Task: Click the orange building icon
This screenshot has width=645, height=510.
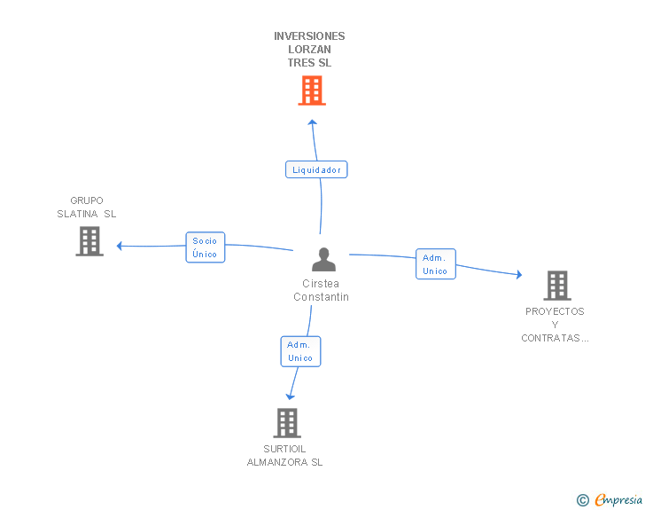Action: pos(312,90)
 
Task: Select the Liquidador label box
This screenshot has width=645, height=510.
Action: pos(316,169)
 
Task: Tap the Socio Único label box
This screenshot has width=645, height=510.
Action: pos(206,247)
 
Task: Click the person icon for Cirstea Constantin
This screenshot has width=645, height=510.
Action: pos(323,259)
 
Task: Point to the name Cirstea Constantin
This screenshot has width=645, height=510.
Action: pos(321,290)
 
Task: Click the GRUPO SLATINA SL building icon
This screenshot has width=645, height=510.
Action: pos(89,241)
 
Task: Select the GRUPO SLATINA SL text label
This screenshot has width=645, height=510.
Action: pos(87,208)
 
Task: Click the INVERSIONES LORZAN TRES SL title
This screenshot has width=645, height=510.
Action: pos(309,49)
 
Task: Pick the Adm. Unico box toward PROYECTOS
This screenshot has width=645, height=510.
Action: pos(436,264)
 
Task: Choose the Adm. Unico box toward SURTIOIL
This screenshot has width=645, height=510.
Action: pos(300,351)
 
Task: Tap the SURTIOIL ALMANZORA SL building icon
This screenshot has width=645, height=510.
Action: pos(287,423)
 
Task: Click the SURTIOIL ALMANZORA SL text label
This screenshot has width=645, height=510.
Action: pos(284,455)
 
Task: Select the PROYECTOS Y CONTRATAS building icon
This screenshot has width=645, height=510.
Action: pos(557,285)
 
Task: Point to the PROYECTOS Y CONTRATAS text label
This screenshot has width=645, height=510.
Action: pos(555,325)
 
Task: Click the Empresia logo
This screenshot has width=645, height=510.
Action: pos(618,499)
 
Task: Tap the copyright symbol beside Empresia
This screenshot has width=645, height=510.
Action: pos(582,500)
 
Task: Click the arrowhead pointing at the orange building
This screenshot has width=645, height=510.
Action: pos(312,122)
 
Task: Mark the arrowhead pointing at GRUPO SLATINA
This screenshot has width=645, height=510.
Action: pos(120,246)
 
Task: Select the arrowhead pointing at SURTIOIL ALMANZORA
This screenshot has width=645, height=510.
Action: pos(290,397)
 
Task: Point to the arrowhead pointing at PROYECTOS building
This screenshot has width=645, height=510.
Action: pos(519,274)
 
